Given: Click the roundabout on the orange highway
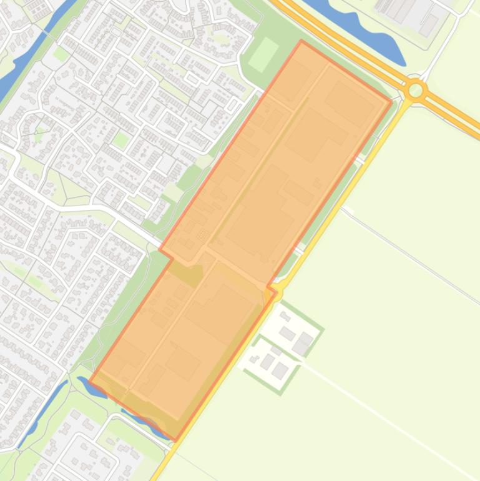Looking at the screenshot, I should point(415,91).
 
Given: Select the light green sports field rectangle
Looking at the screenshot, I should point(263,54).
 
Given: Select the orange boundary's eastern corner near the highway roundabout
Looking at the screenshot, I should point(391,102).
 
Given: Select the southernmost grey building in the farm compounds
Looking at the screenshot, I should point(279,371).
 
